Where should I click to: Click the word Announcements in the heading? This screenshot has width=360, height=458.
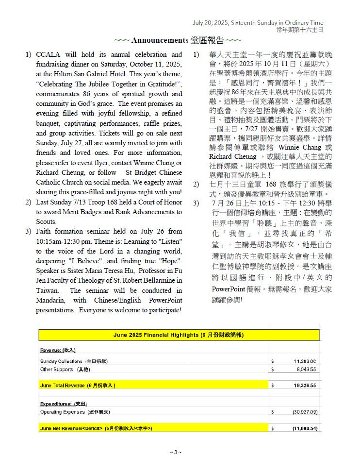[159, 40]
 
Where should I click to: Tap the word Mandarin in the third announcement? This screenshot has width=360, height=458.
[50, 300]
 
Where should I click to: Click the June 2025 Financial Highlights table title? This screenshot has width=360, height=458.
[180, 335]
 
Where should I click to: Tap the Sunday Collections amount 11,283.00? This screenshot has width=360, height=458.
[305, 361]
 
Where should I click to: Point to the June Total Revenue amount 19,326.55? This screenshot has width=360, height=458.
[305, 385]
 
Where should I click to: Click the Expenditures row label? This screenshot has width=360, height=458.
[63, 404]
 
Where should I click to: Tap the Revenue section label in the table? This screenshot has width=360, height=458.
[58, 350]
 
